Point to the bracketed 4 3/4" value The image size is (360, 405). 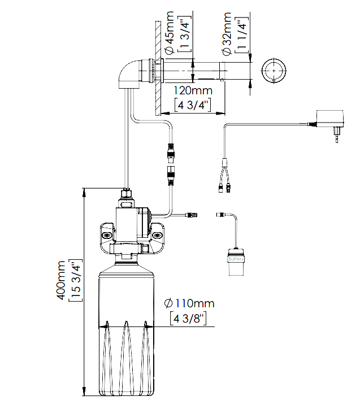[193, 105]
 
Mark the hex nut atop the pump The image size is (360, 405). [127, 195]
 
